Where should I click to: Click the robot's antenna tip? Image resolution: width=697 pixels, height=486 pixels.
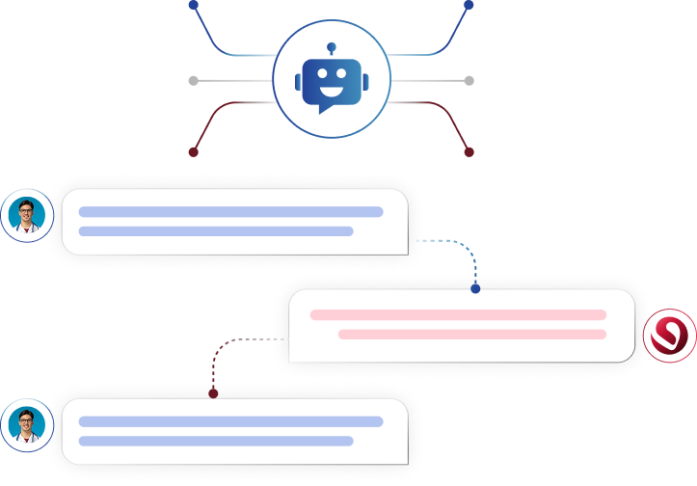point(331,45)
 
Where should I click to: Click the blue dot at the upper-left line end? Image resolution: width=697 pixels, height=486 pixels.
point(194,5)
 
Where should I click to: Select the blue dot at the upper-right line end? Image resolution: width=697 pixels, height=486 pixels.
point(469,5)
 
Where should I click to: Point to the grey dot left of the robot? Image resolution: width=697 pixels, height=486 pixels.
point(194,80)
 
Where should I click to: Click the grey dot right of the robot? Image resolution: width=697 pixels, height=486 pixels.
point(469,80)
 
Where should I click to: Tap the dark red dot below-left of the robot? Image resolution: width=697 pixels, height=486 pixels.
point(194,151)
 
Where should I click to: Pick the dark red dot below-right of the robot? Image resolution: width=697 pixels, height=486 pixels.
point(469,151)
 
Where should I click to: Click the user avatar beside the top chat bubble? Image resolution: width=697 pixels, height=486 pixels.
point(27,215)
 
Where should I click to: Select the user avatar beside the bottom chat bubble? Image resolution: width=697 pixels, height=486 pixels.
point(27,425)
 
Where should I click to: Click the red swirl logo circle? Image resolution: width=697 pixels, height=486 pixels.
point(669,336)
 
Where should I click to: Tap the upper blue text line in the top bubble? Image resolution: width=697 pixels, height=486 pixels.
point(230,212)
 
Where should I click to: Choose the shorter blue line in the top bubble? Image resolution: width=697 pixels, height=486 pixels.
point(216,231)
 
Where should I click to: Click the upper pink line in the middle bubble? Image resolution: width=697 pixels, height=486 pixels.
point(458,315)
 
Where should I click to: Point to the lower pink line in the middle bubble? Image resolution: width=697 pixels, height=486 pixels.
point(472,335)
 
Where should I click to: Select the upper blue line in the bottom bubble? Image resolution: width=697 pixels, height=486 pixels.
point(230,421)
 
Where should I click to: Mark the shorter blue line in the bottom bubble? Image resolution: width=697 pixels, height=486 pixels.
point(216,441)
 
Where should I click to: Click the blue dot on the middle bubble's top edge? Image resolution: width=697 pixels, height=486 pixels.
point(475,288)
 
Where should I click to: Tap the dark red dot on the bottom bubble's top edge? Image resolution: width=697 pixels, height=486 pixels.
point(213,392)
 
